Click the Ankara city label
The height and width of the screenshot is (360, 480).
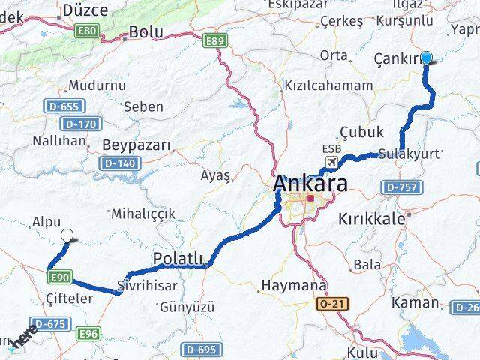pyautogui.click(x=310, y=183)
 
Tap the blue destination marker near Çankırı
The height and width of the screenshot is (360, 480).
pyautogui.click(x=427, y=58)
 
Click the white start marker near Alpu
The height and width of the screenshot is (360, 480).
pyautogui.click(x=67, y=235)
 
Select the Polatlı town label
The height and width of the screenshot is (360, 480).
pyautogui.click(x=178, y=259)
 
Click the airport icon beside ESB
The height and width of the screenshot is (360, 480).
pyautogui.click(x=331, y=163)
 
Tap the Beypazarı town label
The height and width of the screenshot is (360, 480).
pyautogui.click(x=136, y=145)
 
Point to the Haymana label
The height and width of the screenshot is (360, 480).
pyautogui.click(x=293, y=286)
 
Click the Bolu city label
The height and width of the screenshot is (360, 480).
pyautogui.click(x=146, y=32)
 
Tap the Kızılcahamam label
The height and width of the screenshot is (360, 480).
pyautogui.click(x=328, y=85)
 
